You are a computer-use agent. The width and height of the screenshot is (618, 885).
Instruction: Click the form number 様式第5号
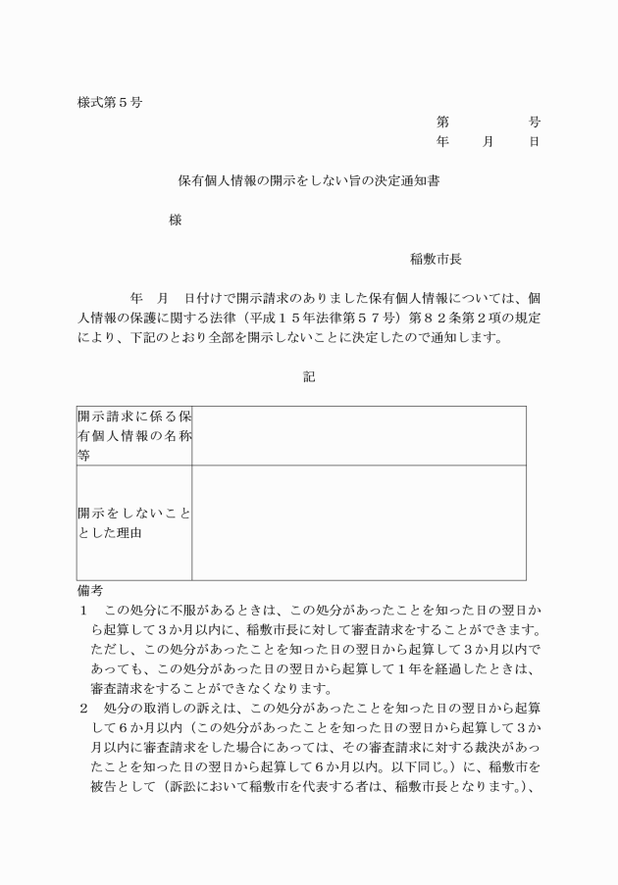point(109,102)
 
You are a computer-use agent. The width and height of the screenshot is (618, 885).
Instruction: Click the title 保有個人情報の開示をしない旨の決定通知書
point(308,181)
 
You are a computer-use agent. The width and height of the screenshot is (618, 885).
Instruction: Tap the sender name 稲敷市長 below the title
point(436,260)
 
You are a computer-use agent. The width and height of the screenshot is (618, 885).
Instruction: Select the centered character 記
point(309,375)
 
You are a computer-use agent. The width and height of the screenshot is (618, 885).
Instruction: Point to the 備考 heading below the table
point(90,590)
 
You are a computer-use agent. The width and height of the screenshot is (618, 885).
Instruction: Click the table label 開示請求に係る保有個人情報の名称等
point(134,435)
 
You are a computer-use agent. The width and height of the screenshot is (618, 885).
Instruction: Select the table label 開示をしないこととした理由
point(134,522)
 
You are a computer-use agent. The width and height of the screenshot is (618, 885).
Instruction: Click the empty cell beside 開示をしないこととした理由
point(358,522)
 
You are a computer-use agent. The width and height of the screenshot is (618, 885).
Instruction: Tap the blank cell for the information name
point(358,435)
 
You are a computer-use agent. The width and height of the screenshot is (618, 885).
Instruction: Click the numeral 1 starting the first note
point(83,611)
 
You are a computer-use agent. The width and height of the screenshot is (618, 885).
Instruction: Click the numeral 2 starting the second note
point(83,708)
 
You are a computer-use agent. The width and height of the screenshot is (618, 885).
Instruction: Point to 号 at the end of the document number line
point(534,123)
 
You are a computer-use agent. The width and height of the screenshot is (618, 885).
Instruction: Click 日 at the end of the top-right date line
point(534,142)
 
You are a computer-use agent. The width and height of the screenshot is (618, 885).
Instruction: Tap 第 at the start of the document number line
point(442,123)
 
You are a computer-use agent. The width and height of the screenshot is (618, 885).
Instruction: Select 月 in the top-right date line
point(488,142)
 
